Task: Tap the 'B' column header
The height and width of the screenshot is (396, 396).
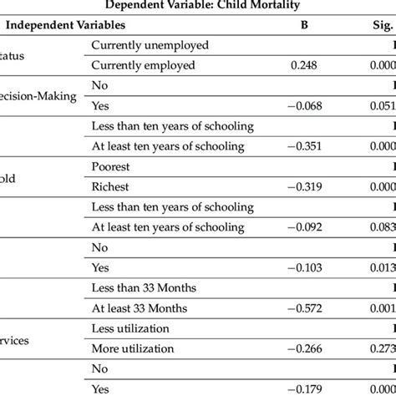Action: tap(305, 24)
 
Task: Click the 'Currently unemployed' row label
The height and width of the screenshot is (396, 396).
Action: tap(150, 44)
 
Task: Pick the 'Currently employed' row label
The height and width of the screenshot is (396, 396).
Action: tap(144, 64)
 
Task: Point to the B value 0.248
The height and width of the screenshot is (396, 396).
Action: tap(305, 64)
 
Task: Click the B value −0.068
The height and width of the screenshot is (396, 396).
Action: tap(303, 105)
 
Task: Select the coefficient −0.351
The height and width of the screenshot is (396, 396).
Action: tap(303, 145)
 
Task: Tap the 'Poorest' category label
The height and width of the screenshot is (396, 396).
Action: tap(113, 166)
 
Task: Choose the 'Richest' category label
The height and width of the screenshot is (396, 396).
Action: tap(112, 186)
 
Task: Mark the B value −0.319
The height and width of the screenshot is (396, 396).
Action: tap(303, 186)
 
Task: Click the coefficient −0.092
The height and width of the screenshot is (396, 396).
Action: tap(303, 226)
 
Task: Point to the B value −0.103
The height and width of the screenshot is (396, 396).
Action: tap(303, 267)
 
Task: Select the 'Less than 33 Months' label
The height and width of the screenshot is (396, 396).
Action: tap(144, 287)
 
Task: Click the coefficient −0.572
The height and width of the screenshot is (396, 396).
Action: tap(303, 307)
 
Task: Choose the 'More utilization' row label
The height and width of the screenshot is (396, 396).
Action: tap(134, 348)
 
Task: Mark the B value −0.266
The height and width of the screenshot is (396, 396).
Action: tap(303, 348)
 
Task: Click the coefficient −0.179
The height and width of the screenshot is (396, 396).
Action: tap(303, 388)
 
